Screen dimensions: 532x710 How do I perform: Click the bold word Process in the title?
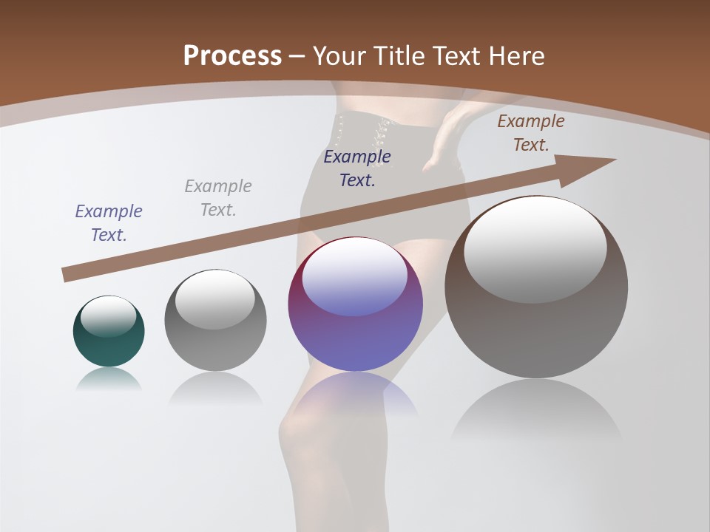[232, 55]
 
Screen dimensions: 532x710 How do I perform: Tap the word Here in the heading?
[517, 55]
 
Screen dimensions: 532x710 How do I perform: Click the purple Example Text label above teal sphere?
[109, 223]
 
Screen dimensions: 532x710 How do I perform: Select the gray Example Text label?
[218, 198]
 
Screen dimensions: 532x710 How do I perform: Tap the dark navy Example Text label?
[357, 168]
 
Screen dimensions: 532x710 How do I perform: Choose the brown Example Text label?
[531, 133]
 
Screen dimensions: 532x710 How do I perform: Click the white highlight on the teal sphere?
[109, 316]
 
